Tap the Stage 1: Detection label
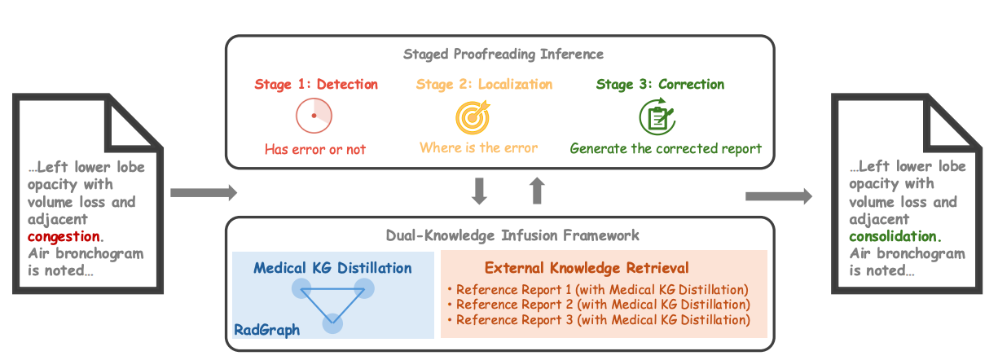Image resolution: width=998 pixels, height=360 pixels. click(x=316, y=85)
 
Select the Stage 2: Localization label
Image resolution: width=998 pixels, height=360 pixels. click(x=484, y=85)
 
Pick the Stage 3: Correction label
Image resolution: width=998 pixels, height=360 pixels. click(x=660, y=85)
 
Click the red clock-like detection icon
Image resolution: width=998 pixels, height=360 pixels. click(x=314, y=116)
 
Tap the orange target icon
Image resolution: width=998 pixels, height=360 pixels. click(x=473, y=116)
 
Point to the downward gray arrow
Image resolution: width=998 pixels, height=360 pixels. click(x=480, y=190)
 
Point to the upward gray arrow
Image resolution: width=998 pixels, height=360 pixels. click(x=537, y=190)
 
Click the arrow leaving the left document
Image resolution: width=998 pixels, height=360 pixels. click(x=203, y=193)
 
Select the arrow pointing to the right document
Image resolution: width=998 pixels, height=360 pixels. click(x=779, y=195)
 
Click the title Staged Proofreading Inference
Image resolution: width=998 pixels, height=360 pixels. click(x=503, y=55)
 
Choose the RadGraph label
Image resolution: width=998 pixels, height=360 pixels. click(x=266, y=330)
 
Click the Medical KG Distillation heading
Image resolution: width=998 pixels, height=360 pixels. click(x=332, y=268)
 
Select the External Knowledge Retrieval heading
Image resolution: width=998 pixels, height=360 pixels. click(x=587, y=268)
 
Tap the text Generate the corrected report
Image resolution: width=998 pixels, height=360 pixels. click(x=666, y=148)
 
